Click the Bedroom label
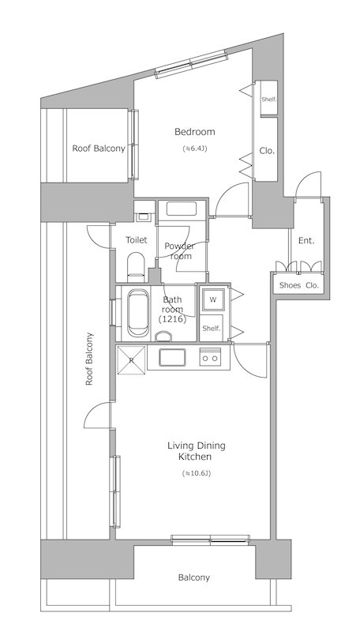point(194,132)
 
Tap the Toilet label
point(136,240)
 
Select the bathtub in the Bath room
point(137,314)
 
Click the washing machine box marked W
point(213,300)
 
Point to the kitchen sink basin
point(172,357)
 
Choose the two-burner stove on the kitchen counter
point(210,357)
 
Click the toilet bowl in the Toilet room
point(136,267)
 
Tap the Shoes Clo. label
point(298,285)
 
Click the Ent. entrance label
point(306,241)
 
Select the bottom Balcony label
point(194,577)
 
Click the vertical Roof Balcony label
point(89,359)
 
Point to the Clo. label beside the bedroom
point(267,151)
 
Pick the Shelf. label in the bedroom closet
point(268,100)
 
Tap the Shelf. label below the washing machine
point(212,329)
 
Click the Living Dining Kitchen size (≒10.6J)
point(197,473)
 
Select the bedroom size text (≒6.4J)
point(195,149)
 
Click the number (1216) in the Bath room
point(172,320)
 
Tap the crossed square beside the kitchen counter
point(131,360)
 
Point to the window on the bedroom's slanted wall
point(191,64)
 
